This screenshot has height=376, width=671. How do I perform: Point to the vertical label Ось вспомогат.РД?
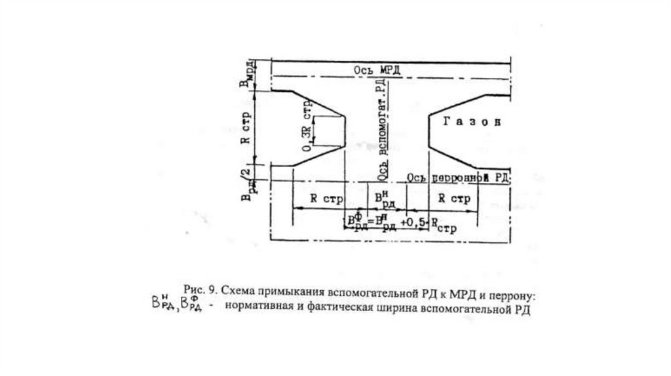383,128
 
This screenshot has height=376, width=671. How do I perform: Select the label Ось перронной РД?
458,178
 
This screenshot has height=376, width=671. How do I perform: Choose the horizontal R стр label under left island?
323,200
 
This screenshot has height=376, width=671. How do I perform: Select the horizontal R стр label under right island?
453,200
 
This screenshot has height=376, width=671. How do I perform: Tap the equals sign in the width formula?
372,221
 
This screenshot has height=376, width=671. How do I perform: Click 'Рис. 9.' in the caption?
199,290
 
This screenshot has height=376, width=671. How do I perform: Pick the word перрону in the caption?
513,290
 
